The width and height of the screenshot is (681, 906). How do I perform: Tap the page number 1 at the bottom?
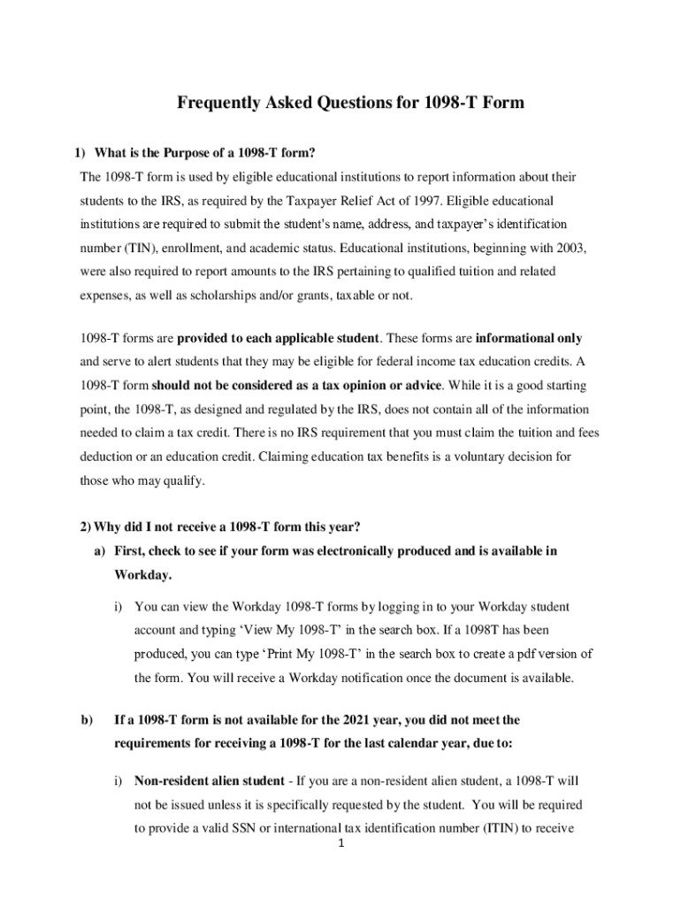(341, 842)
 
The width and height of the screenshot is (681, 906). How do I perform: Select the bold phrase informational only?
(528, 338)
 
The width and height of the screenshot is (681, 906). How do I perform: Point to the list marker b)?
(87, 720)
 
